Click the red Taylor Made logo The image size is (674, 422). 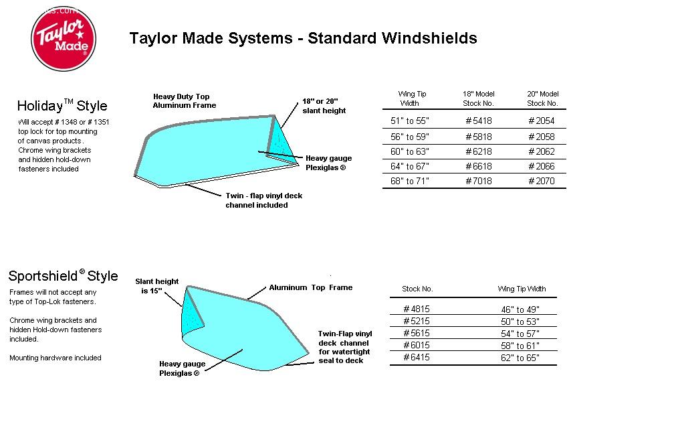tap(64, 39)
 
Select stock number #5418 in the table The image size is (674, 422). tap(479, 121)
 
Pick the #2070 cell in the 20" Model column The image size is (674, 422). tap(542, 182)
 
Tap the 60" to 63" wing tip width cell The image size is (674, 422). tap(410, 151)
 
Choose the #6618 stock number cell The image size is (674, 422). tap(479, 166)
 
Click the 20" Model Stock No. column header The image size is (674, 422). tap(542, 98)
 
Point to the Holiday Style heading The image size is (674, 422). tap(62, 106)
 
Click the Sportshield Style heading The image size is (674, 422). tap(63, 275)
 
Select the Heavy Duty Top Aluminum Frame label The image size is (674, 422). tap(185, 101)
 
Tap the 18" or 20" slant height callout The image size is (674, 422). tap(324, 106)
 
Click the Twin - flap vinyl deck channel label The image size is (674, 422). tap(264, 200)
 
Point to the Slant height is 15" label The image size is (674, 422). tap(157, 286)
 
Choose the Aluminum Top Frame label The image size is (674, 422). tap(311, 287)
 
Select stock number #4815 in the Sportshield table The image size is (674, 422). tap(417, 309)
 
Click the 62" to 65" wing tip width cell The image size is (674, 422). tap(520, 358)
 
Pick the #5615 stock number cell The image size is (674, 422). tap(417, 334)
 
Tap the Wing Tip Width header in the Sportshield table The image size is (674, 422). tap(522, 289)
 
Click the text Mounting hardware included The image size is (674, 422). tap(55, 358)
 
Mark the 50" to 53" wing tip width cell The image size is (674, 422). tap(520, 322)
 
